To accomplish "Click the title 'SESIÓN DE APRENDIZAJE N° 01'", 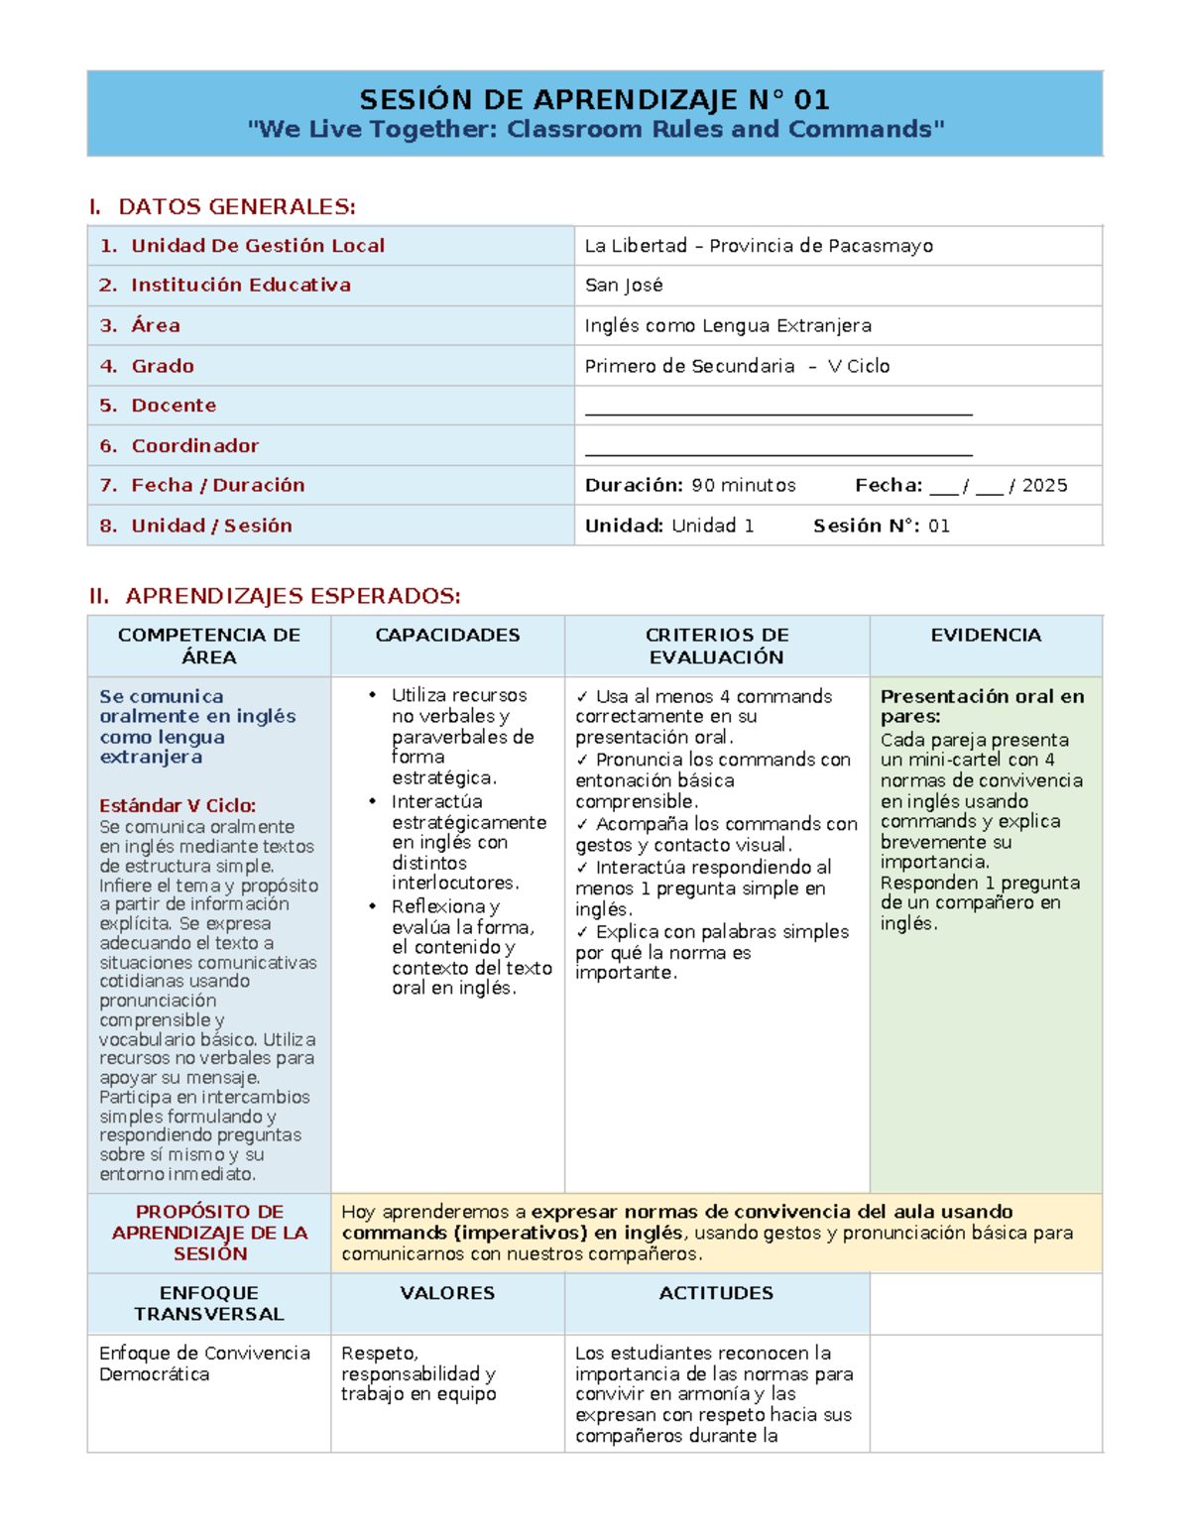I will click(594, 99).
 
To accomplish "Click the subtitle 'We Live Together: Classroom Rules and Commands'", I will click(595, 130).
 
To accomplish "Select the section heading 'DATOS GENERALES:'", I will click(236, 206).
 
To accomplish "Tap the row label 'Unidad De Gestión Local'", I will click(257, 246).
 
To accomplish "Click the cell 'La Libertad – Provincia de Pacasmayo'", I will click(759, 246).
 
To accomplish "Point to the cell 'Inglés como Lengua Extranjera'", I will click(728, 325).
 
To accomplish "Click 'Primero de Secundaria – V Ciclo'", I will click(737, 366).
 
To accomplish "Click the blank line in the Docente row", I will click(778, 412).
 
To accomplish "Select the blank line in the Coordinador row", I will click(778, 452).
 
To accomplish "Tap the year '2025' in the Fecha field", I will click(1044, 486).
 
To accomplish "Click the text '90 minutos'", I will click(743, 486).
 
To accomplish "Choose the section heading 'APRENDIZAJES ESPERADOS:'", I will click(293, 596).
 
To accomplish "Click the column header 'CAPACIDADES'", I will click(447, 636).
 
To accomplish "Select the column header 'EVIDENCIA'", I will click(986, 636).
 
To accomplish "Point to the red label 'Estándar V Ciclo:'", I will click(178, 806).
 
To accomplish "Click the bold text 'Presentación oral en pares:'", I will click(982, 706).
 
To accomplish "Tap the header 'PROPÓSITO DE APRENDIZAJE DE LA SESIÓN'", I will click(209, 1233).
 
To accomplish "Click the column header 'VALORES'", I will click(447, 1293).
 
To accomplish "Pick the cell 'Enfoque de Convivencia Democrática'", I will click(204, 1363).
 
